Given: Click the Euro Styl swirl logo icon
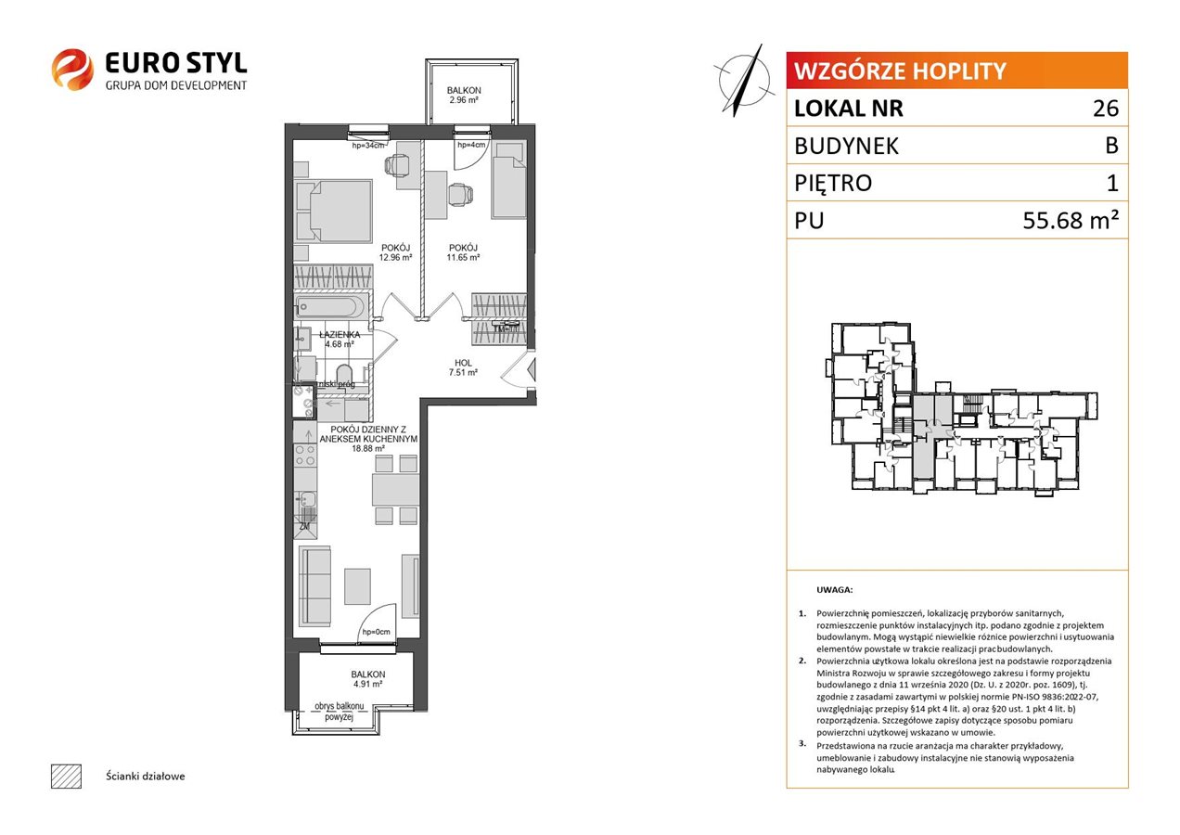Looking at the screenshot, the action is (x=72, y=69).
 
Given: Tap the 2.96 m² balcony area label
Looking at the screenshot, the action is (x=464, y=99).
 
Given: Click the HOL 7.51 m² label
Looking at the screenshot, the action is (x=463, y=367).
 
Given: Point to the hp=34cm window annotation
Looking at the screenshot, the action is (x=368, y=146).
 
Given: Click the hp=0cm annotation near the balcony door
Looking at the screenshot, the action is (x=376, y=632).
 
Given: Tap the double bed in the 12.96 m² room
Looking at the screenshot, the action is (x=333, y=212).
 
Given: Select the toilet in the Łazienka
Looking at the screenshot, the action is (x=344, y=375).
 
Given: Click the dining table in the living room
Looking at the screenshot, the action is (x=395, y=490).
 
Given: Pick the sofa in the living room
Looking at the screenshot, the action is (x=314, y=586).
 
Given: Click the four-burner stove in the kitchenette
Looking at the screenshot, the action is (x=305, y=456).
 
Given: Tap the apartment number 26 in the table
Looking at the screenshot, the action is (x=1105, y=109).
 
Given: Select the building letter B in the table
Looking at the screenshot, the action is (x=1111, y=146).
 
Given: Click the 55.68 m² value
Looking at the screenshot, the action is (x=1070, y=220).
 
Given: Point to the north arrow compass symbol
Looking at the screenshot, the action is (x=744, y=81).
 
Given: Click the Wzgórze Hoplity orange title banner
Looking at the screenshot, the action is (x=956, y=71).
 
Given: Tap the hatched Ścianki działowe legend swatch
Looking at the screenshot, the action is (x=67, y=776).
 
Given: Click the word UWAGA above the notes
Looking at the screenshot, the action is (x=834, y=590).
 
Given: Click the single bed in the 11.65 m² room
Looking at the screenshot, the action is (x=509, y=180).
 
